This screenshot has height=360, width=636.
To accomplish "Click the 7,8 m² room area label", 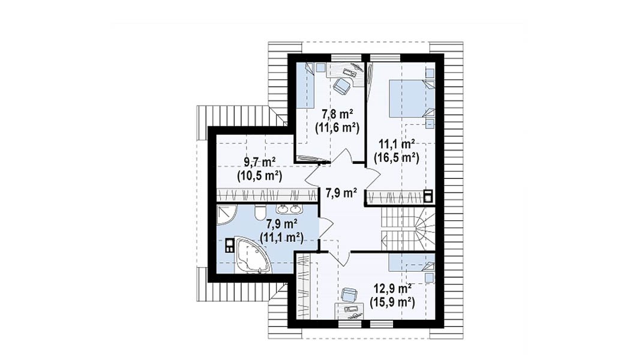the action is pos(337,114).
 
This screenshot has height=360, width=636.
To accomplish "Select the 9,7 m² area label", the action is pos(260,163).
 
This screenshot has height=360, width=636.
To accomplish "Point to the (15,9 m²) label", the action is pos(392,302).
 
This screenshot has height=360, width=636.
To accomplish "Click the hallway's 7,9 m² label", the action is pos(341,193).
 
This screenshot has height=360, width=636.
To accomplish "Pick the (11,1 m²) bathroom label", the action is pos(281,237).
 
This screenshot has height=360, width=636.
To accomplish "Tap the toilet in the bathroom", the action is pos(260,211).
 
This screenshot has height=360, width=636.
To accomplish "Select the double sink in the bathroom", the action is pos(288,209).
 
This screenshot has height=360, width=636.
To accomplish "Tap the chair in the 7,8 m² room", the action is pos(343,86).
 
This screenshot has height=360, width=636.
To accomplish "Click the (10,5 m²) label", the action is pos(260,176).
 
